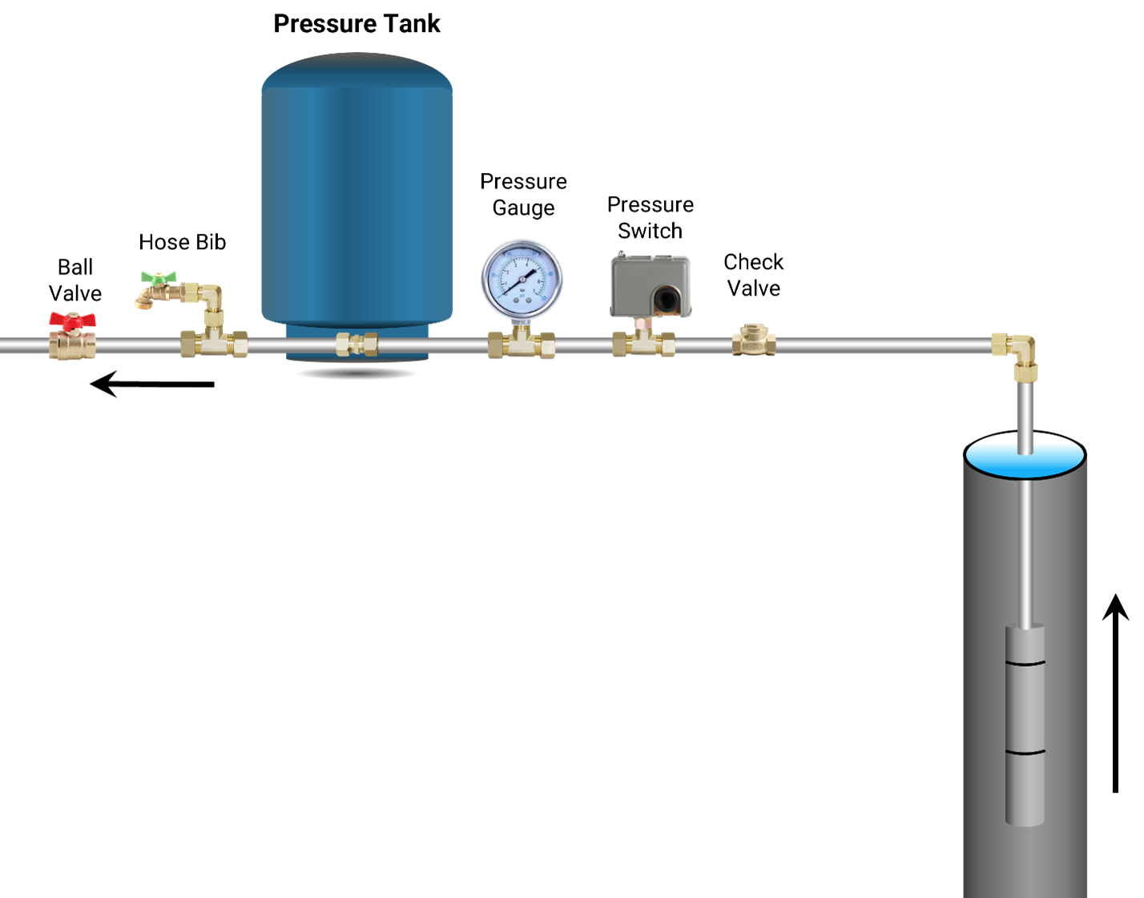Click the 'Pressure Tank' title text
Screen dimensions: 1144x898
[x=356, y=24]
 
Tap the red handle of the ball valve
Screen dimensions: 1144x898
[x=73, y=319]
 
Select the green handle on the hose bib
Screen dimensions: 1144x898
[x=159, y=277]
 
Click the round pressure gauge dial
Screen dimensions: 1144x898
[x=522, y=279]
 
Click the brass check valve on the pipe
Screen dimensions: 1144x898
[x=754, y=340]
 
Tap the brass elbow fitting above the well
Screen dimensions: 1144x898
[x=1016, y=355]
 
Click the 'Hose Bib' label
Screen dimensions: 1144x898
[x=182, y=242]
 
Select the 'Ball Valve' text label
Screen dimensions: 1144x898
[x=75, y=280]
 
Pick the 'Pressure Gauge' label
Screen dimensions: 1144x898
[x=523, y=194]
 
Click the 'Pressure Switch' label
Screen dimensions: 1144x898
[x=651, y=217]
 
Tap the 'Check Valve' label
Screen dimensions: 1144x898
[x=753, y=275]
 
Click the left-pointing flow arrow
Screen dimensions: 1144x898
[x=152, y=384]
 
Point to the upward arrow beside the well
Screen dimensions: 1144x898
[x=1115, y=693]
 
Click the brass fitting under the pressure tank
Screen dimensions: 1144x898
[x=357, y=344]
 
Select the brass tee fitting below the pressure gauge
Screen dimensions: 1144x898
[x=522, y=342]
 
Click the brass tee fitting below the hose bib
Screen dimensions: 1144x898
[x=214, y=342]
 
